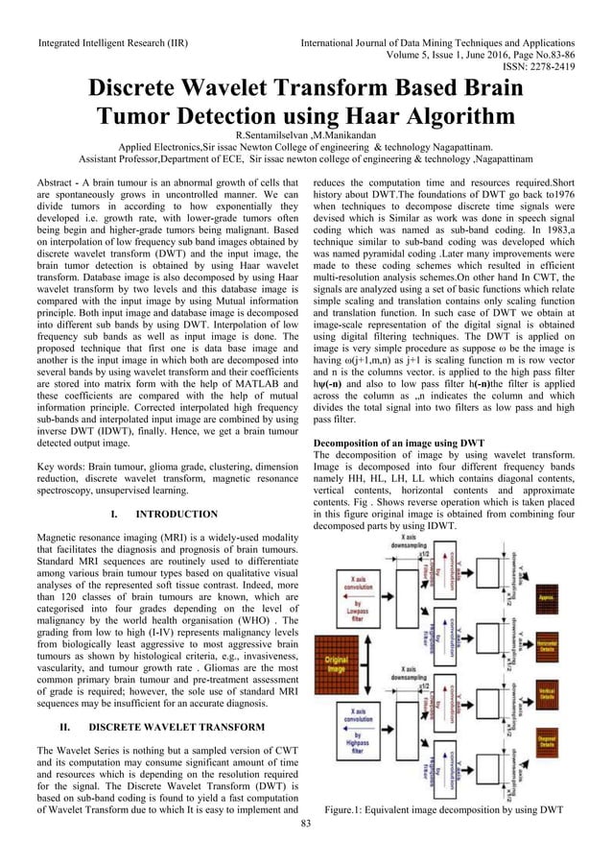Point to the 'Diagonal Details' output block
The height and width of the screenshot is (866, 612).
547,742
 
